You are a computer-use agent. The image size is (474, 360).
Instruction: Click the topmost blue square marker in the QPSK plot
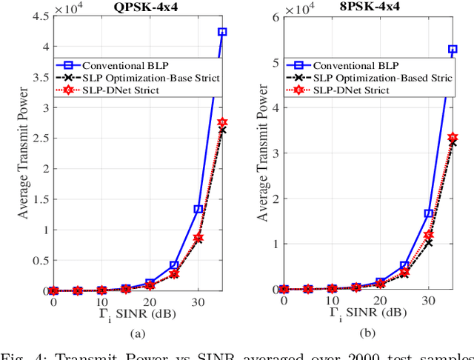(x=222, y=33)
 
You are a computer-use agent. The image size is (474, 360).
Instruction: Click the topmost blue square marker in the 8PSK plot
(x=453, y=50)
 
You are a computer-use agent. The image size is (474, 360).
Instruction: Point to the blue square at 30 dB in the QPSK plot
(x=198, y=210)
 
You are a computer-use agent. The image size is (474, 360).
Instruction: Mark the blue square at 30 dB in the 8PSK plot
(x=429, y=213)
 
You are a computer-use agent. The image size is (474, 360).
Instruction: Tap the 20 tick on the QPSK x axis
(x=150, y=303)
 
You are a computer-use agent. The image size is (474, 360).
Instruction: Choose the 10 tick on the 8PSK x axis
(x=333, y=303)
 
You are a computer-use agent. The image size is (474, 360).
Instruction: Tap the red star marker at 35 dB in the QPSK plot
(x=222, y=122)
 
